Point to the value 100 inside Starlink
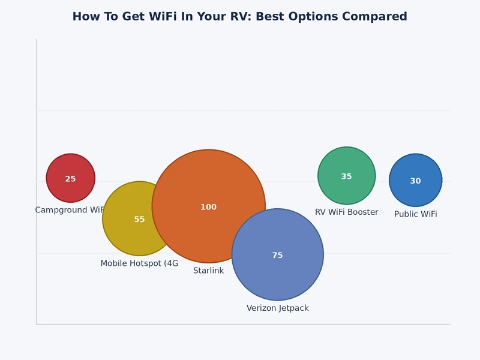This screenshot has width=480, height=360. tap(208, 207)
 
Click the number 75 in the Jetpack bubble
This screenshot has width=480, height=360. tap(277, 256)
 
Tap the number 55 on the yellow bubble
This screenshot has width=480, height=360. tap(139, 220)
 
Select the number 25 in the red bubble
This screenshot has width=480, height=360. tap(70, 179)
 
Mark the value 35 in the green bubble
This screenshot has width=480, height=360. tap(346, 177)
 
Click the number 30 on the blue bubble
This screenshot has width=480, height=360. tap(415, 181)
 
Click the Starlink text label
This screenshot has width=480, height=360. tap(208, 271)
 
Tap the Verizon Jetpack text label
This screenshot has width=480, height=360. tap(277, 308)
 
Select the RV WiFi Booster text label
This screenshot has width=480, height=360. tap(346, 212)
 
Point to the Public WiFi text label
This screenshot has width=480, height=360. tap(415, 214)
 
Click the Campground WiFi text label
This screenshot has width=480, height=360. tap(70, 210)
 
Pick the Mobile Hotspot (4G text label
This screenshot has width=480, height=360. tap(139, 263)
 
